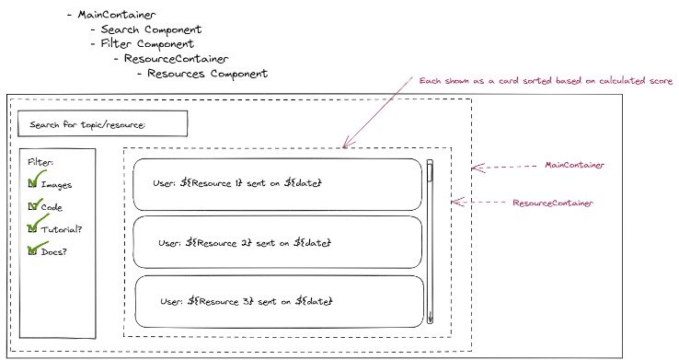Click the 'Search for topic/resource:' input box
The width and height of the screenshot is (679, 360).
[102, 123]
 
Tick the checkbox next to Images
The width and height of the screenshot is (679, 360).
[33, 184]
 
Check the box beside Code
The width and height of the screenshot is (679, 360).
[33, 206]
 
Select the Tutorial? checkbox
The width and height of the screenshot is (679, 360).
[33, 227]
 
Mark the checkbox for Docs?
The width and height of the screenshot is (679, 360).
[33, 250]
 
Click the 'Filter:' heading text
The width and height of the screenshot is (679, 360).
[40, 162]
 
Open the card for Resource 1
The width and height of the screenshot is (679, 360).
[276, 184]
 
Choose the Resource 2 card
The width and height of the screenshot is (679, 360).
[276, 242]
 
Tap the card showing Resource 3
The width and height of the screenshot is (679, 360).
[276, 301]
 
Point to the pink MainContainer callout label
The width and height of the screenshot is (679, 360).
[573, 166]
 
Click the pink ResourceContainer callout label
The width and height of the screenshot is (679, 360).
[552, 202]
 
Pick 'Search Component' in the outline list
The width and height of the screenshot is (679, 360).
[151, 29]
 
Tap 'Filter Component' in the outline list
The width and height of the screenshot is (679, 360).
[147, 43]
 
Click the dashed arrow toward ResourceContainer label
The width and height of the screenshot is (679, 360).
[478, 201]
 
